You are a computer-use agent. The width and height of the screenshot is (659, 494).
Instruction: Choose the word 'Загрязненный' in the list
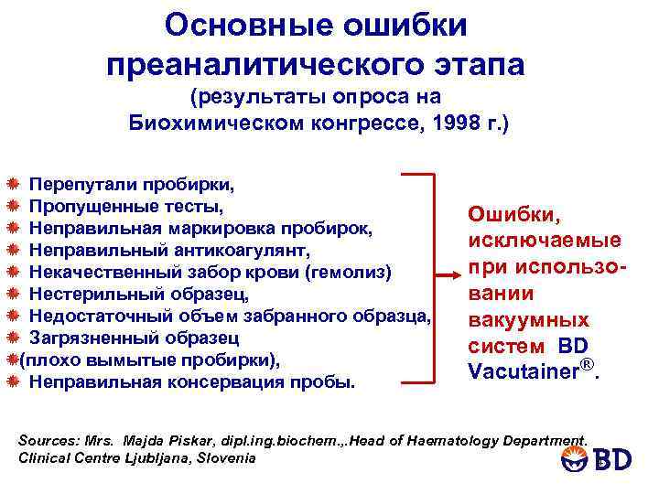coord(90,338)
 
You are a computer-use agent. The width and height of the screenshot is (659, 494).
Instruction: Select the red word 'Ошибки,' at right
coord(505,213)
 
